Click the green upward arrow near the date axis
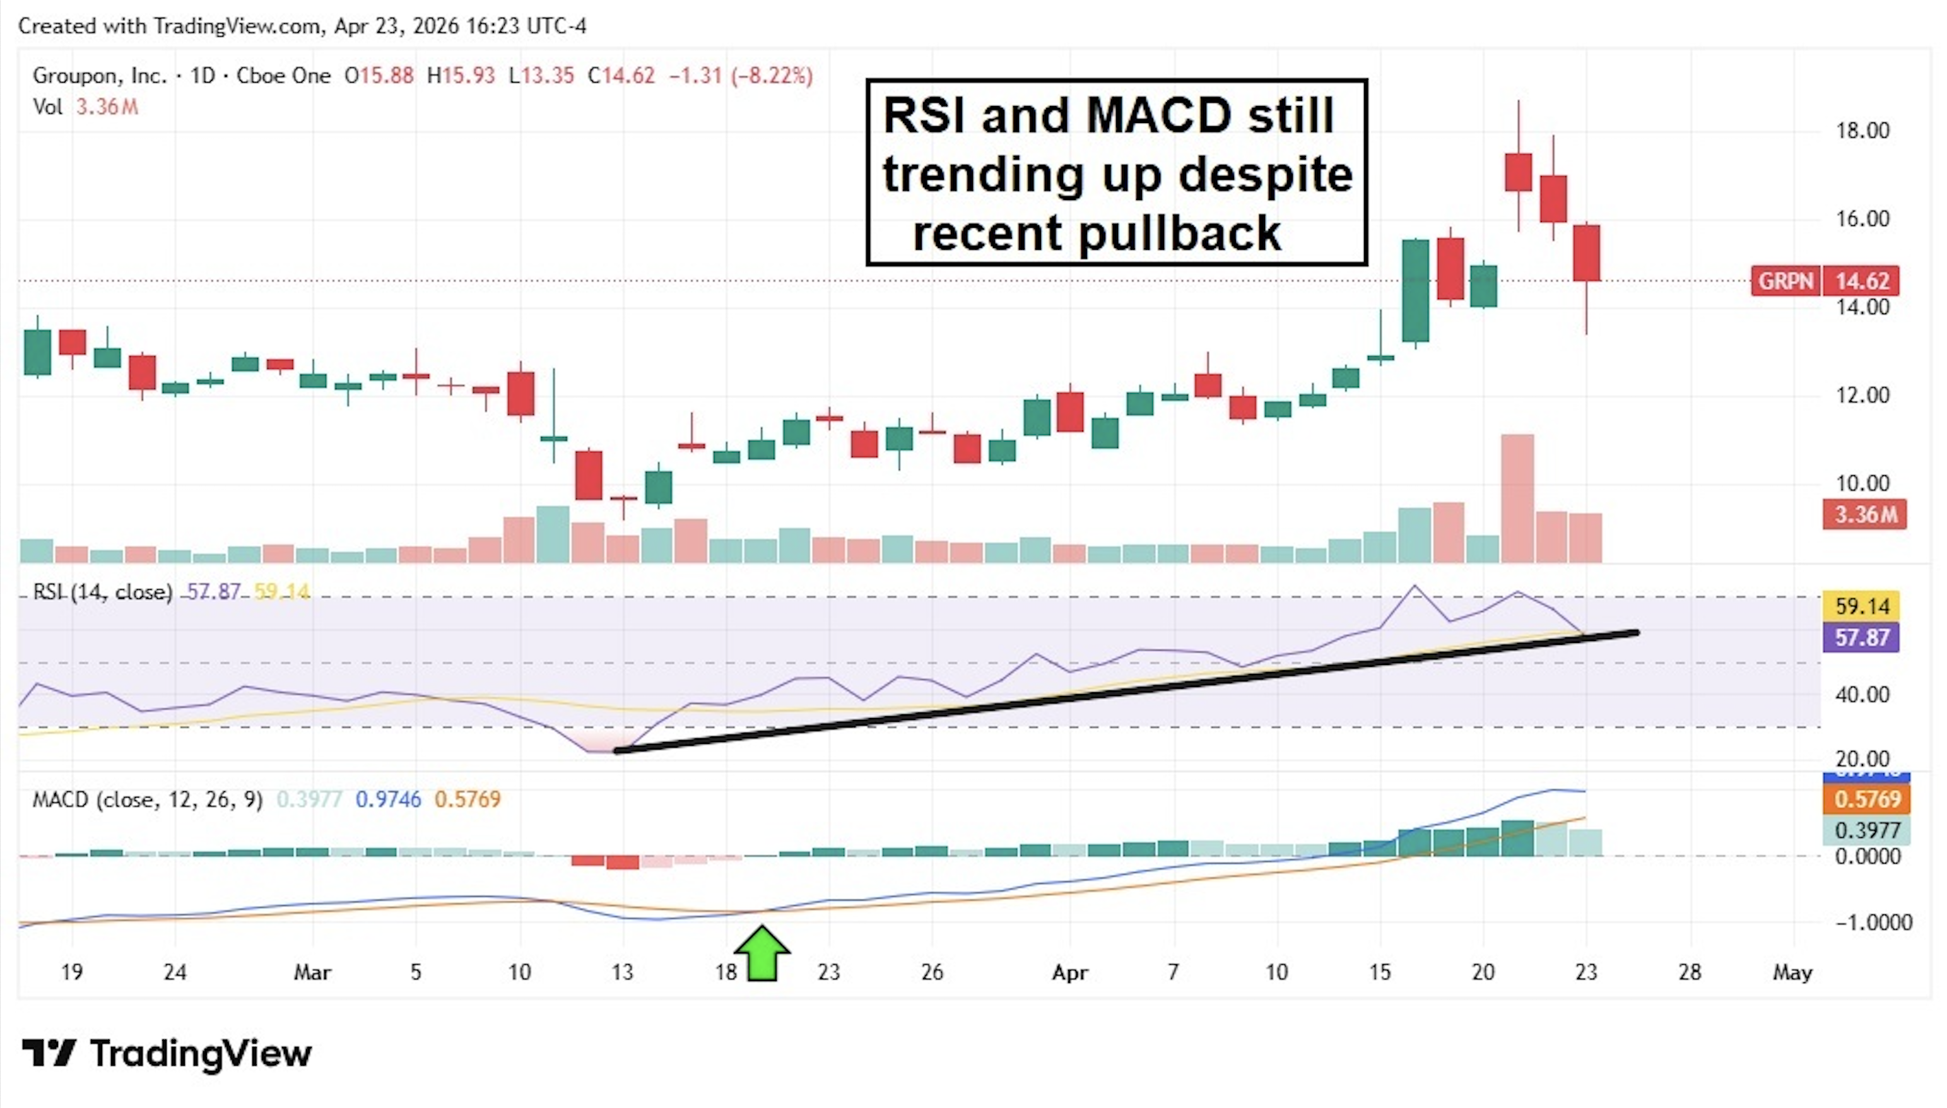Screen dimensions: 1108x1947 [x=762, y=953]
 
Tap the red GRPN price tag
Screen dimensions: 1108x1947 [x=1785, y=281]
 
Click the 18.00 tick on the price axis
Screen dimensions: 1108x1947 [x=1862, y=131]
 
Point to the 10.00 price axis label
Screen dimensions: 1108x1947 [x=1862, y=483]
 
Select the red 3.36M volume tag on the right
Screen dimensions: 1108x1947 [x=1864, y=514]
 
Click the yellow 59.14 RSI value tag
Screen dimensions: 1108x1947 [x=1861, y=606]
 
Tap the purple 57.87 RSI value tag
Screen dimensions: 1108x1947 [x=1861, y=637]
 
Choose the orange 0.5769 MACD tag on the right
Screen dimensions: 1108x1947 [x=1866, y=799]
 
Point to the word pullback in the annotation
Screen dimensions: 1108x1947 [x=1180, y=233]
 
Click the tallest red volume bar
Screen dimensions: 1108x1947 [x=1517, y=498]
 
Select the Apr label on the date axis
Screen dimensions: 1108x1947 [x=1070, y=972]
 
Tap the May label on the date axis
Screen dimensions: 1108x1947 [x=1792, y=972]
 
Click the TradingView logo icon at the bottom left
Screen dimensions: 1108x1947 [x=49, y=1053]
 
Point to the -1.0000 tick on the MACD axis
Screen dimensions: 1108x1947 [x=1873, y=922]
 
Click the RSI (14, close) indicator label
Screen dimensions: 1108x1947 [x=103, y=592]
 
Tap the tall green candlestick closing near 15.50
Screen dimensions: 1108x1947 [x=1415, y=291]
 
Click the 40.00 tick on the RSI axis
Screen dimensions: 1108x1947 [x=1862, y=695]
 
